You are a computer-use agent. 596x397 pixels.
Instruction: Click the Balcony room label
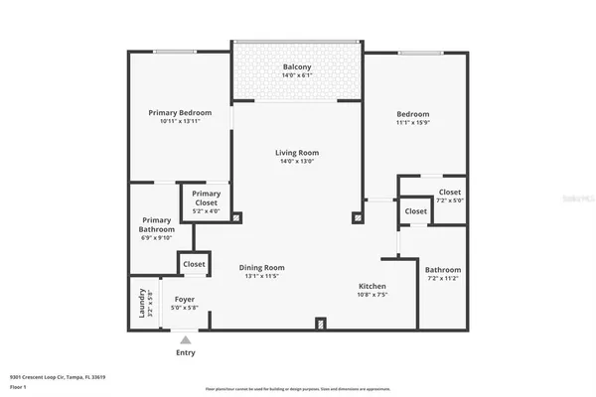[x=297, y=67]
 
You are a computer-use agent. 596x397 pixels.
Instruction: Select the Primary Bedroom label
[x=180, y=113]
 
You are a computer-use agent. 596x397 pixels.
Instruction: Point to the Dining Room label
[x=262, y=267]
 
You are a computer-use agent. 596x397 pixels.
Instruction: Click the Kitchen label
[x=372, y=286]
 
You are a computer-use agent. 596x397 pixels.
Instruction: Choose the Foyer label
[x=186, y=299]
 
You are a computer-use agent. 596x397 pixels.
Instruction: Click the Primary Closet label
[x=207, y=194]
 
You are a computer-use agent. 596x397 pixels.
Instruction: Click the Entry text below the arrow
[x=186, y=352]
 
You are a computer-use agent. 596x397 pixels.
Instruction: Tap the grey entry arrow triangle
[x=186, y=339]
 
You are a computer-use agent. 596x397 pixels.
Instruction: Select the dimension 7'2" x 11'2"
[x=443, y=279]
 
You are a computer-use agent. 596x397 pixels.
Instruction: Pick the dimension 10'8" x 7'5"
[x=372, y=295]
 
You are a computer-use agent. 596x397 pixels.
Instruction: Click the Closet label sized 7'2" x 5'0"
[x=450, y=192]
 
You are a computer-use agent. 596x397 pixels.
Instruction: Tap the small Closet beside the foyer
[x=194, y=264]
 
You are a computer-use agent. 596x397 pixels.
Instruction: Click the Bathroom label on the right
[x=443, y=270]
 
